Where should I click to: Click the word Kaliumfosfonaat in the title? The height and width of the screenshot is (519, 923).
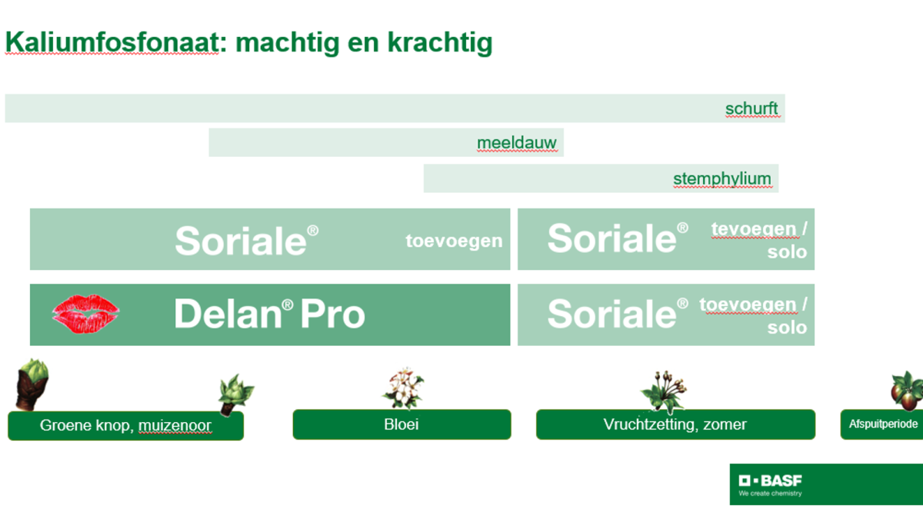click(112, 42)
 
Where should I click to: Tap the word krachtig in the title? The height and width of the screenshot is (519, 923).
click(440, 43)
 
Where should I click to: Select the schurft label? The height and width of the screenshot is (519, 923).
click(751, 108)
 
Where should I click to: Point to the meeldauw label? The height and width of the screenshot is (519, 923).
click(517, 143)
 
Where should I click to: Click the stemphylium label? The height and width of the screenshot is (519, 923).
click(722, 178)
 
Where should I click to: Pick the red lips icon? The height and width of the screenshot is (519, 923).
click(85, 314)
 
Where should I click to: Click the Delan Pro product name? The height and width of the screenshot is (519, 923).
click(269, 314)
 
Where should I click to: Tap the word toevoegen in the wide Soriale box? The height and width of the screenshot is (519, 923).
click(454, 241)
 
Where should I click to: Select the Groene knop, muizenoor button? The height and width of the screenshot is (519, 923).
click(125, 425)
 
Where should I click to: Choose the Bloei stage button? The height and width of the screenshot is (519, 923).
click(402, 424)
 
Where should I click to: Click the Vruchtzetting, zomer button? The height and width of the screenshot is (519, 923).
click(675, 424)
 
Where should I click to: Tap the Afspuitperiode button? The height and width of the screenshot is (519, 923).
click(881, 424)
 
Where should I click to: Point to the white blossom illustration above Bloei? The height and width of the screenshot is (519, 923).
click(403, 388)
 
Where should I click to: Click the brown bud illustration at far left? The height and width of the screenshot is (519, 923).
click(32, 384)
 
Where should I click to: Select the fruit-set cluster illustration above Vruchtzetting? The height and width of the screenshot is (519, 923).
click(664, 391)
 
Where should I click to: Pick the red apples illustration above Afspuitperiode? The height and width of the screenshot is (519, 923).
click(907, 391)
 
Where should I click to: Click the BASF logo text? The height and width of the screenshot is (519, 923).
click(770, 481)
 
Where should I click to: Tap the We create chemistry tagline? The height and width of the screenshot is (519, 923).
click(770, 494)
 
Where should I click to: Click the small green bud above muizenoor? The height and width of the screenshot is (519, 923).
click(235, 394)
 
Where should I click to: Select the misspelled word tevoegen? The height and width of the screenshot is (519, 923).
click(754, 229)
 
